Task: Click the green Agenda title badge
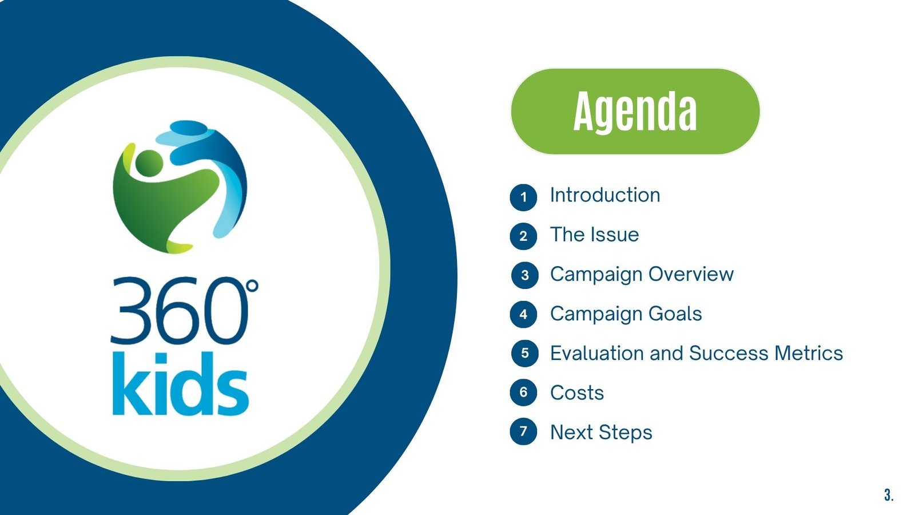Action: tap(635, 111)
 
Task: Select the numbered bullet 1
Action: tap(523, 197)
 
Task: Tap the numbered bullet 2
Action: tap(523, 236)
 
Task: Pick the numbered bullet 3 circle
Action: tap(524, 275)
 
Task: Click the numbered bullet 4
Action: tap(523, 314)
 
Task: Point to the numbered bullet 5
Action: tap(524, 353)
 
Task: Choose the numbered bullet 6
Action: tap(523, 393)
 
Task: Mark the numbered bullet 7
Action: tap(523, 431)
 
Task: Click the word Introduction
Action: tap(605, 195)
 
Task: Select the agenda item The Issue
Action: tap(594, 235)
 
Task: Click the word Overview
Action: tap(691, 274)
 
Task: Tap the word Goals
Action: tap(675, 314)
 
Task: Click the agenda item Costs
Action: tap(577, 393)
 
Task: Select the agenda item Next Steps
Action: tap(601, 433)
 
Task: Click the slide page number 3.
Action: tap(889, 495)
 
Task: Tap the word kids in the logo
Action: tap(180, 383)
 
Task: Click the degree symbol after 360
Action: tap(252, 286)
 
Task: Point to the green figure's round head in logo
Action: tap(149, 163)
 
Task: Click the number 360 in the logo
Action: tap(179, 311)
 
